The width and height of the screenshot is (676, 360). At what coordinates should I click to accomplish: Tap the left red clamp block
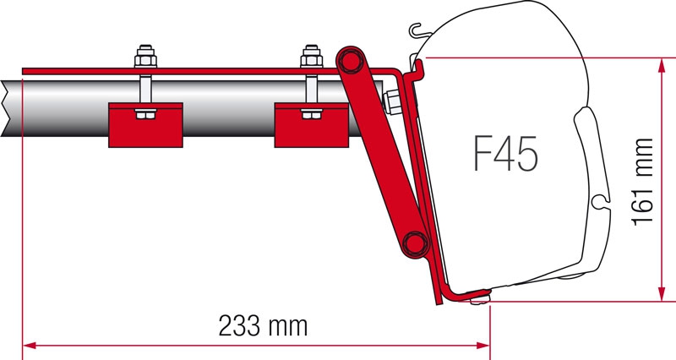(x=145, y=123)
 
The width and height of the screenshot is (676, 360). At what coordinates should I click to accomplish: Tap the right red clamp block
(x=312, y=123)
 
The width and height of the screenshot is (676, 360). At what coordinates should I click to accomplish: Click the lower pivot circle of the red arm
(x=414, y=243)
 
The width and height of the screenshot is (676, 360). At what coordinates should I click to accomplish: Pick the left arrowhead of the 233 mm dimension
(x=29, y=345)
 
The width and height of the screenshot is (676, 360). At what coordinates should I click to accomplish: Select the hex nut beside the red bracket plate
(x=392, y=102)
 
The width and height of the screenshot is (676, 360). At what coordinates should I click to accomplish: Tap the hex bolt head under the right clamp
(x=310, y=112)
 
